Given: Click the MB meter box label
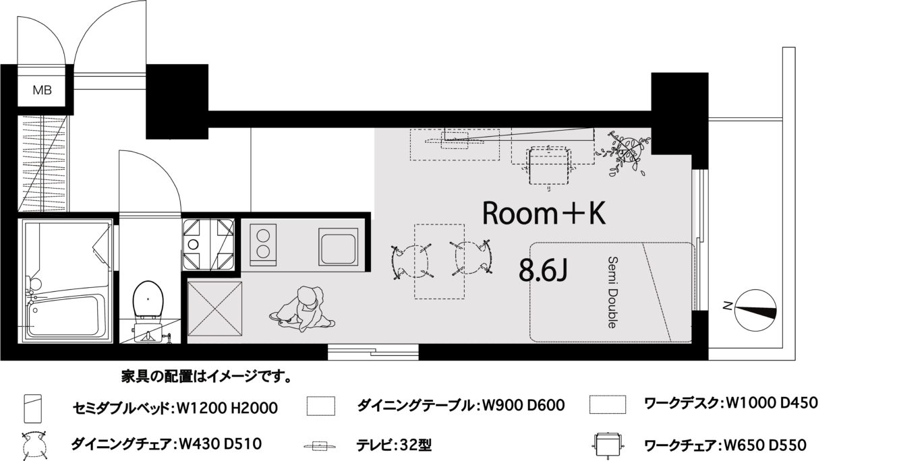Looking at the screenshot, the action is point(42,90).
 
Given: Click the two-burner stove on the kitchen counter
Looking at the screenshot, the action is point(263,244).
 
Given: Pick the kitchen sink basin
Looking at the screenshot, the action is point(338,247).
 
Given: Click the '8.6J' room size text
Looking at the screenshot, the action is point(543,270).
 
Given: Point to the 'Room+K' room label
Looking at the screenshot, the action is point(544,214).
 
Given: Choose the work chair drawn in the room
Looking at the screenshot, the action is point(548,166).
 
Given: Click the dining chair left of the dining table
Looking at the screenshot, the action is point(411,262).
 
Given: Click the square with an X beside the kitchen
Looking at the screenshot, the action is point(214,309).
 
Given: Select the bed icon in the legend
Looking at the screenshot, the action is point(33,408).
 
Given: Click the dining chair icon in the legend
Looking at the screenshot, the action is point(35,445).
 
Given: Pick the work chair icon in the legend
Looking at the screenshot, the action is point(608,444).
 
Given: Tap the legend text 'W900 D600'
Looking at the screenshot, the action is point(523,405).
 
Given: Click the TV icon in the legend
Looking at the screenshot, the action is point(319,445).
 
